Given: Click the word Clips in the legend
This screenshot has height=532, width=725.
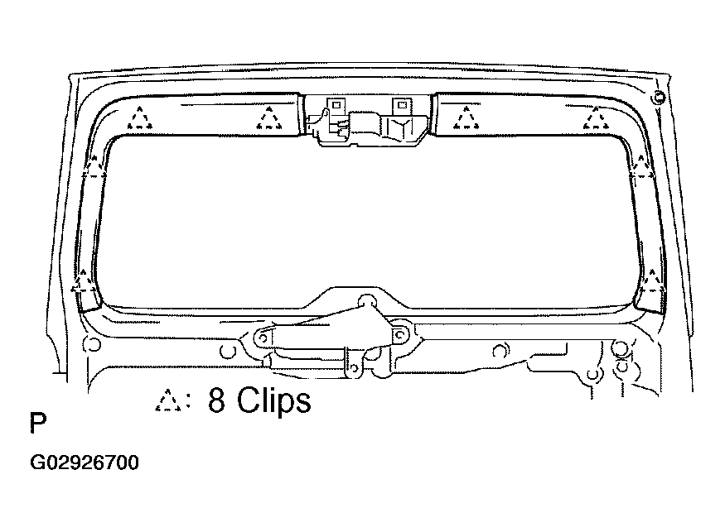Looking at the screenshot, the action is coord(273,400).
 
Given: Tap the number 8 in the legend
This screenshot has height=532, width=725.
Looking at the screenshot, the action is coord(216,400).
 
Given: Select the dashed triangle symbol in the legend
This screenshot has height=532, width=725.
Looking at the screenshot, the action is coord(167,400).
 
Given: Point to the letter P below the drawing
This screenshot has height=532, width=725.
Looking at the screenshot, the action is coord(38,423).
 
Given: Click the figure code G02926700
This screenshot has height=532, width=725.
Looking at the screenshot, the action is coord(85,463).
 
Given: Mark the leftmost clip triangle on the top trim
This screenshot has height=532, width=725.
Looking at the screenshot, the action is coord(139,118).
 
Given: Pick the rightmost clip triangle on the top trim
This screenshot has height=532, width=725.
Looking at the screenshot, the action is coord(596,118).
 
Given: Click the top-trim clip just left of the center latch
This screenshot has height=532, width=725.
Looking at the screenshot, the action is coord(268,118).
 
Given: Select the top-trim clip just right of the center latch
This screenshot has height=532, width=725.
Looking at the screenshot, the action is coord(466,117).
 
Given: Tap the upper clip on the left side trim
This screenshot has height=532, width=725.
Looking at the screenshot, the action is coord(93,168).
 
